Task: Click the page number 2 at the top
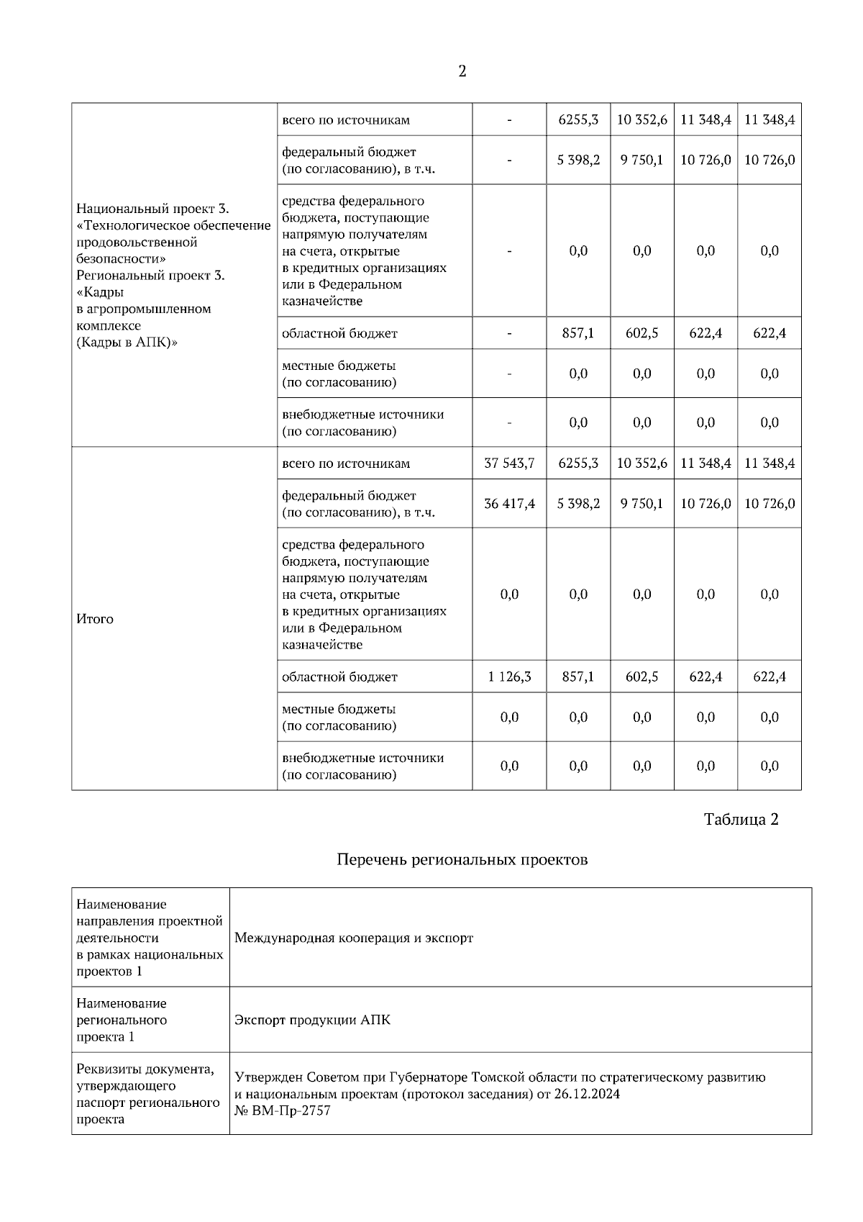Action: click(x=462, y=71)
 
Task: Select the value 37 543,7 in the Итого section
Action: click(x=509, y=463)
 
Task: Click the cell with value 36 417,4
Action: click(x=509, y=504)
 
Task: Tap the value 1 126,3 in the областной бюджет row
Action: click(x=509, y=677)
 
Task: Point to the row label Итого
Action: click(x=95, y=619)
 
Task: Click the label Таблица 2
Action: click(x=741, y=820)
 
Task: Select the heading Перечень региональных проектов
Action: click(x=462, y=860)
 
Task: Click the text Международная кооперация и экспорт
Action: click(x=354, y=938)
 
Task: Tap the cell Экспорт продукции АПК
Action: click(x=313, y=1020)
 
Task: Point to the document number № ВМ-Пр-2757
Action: click(x=283, y=1111)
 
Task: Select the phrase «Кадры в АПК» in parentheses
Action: click(x=127, y=343)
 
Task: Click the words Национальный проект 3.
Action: click(x=152, y=209)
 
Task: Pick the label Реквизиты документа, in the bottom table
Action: click(x=145, y=1069)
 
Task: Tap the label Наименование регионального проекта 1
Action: click(x=122, y=1020)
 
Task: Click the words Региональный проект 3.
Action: click(x=150, y=276)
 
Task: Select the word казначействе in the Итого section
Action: click(x=322, y=645)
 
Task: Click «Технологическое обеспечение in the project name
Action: click(x=173, y=226)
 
